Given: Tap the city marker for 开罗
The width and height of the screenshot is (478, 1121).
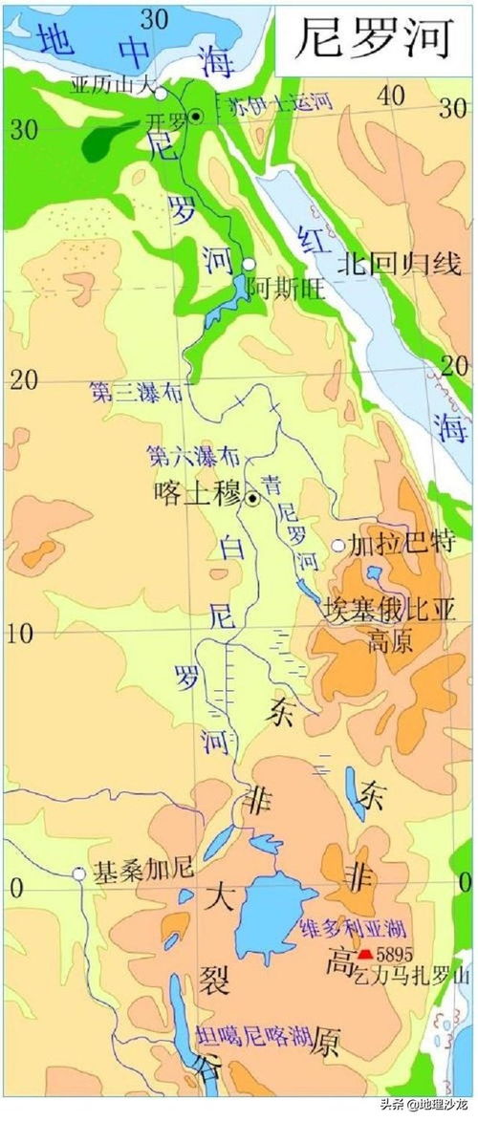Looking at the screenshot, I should (x=195, y=116).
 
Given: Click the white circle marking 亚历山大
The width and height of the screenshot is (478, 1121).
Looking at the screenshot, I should (x=162, y=94).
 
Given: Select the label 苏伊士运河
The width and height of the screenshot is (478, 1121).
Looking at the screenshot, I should (x=273, y=107).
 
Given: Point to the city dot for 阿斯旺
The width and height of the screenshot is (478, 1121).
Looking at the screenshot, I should (x=249, y=264).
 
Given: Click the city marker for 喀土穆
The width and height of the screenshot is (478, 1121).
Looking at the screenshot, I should (x=252, y=498).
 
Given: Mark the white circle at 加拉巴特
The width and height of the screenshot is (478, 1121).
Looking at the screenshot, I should (x=337, y=546).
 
